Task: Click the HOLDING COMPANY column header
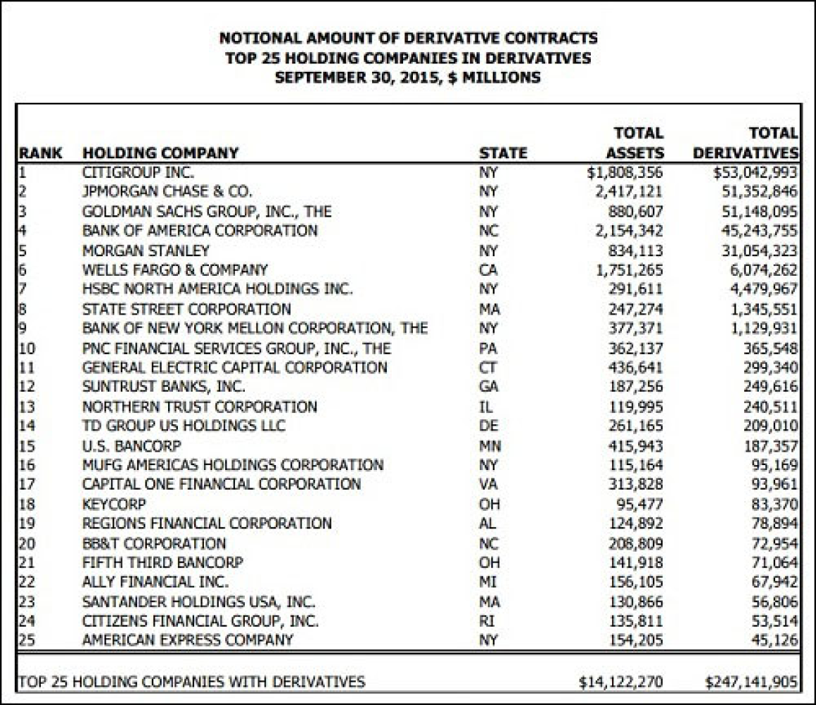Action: pyautogui.click(x=160, y=153)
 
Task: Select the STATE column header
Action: pyautogui.click(x=503, y=153)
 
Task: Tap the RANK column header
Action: pyautogui.click(x=40, y=153)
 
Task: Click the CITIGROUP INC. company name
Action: pyautogui.click(x=139, y=172)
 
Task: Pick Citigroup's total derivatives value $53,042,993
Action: pyautogui.click(x=755, y=172)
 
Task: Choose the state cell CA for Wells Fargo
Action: pyautogui.click(x=487, y=269)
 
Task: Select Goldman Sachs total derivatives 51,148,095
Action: pyautogui.click(x=757, y=211)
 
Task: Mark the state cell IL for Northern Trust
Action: pyautogui.click(x=485, y=407)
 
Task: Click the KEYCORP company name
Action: pyautogui.click(x=115, y=504)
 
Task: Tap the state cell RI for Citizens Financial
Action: pyautogui.click(x=485, y=621)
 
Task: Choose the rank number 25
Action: pyautogui.click(x=27, y=640)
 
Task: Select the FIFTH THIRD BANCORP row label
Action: pyautogui.click(x=162, y=563)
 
